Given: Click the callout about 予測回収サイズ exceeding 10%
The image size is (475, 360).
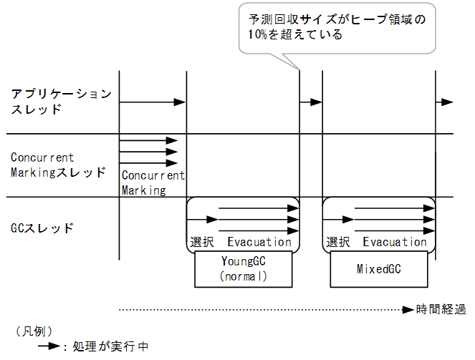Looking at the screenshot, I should [336, 27].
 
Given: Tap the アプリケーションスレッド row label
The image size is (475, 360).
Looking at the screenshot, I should [61, 102].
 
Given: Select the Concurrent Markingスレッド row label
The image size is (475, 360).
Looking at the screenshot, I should [57, 165].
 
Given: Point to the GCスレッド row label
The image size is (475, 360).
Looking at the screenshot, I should [42, 228].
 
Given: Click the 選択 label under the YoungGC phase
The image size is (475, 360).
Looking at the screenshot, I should [201, 242].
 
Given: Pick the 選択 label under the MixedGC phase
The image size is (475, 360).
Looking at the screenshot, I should [337, 242].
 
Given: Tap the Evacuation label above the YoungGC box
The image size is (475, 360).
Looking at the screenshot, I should [259, 242].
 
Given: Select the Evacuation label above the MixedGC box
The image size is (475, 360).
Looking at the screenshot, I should [395, 242].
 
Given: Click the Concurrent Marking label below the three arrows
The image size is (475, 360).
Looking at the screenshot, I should [152, 183].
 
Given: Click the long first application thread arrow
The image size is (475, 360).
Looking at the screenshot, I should [152, 103].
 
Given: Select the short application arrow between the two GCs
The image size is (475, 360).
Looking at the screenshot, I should [311, 103].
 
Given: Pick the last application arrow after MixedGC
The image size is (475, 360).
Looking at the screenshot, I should [445, 103].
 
